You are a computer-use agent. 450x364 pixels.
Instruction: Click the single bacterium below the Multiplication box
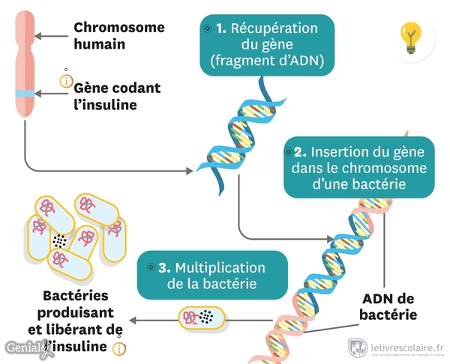[202, 318]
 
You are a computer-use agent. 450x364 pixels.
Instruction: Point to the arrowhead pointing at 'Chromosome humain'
[42, 36]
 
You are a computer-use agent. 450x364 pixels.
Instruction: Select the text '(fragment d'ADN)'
[268, 62]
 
